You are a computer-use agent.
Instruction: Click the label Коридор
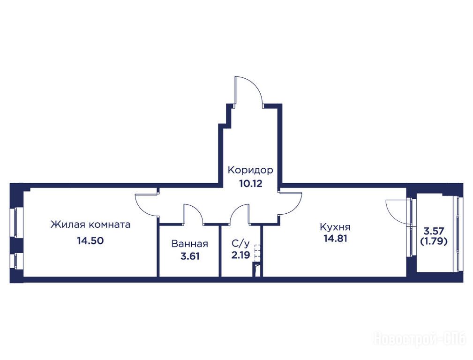tap(250, 170)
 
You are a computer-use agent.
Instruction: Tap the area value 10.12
tap(251, 183)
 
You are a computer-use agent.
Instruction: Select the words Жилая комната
tap(90, 225)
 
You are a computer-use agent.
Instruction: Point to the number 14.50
tap(90, 240)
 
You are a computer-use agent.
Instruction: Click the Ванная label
tap(190, 244)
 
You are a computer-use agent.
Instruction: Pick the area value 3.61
tap(190, 256)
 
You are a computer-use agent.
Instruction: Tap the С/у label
tap(241, 243)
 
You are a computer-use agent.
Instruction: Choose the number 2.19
tap(241, 255)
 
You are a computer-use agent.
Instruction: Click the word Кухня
tap(335, 226)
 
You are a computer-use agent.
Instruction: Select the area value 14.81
tap(336, 239)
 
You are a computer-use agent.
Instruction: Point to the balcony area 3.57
tap(434, 232)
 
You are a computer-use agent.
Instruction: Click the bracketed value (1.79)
tap(434, 241)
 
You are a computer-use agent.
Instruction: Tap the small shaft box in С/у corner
tap(257, 270)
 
